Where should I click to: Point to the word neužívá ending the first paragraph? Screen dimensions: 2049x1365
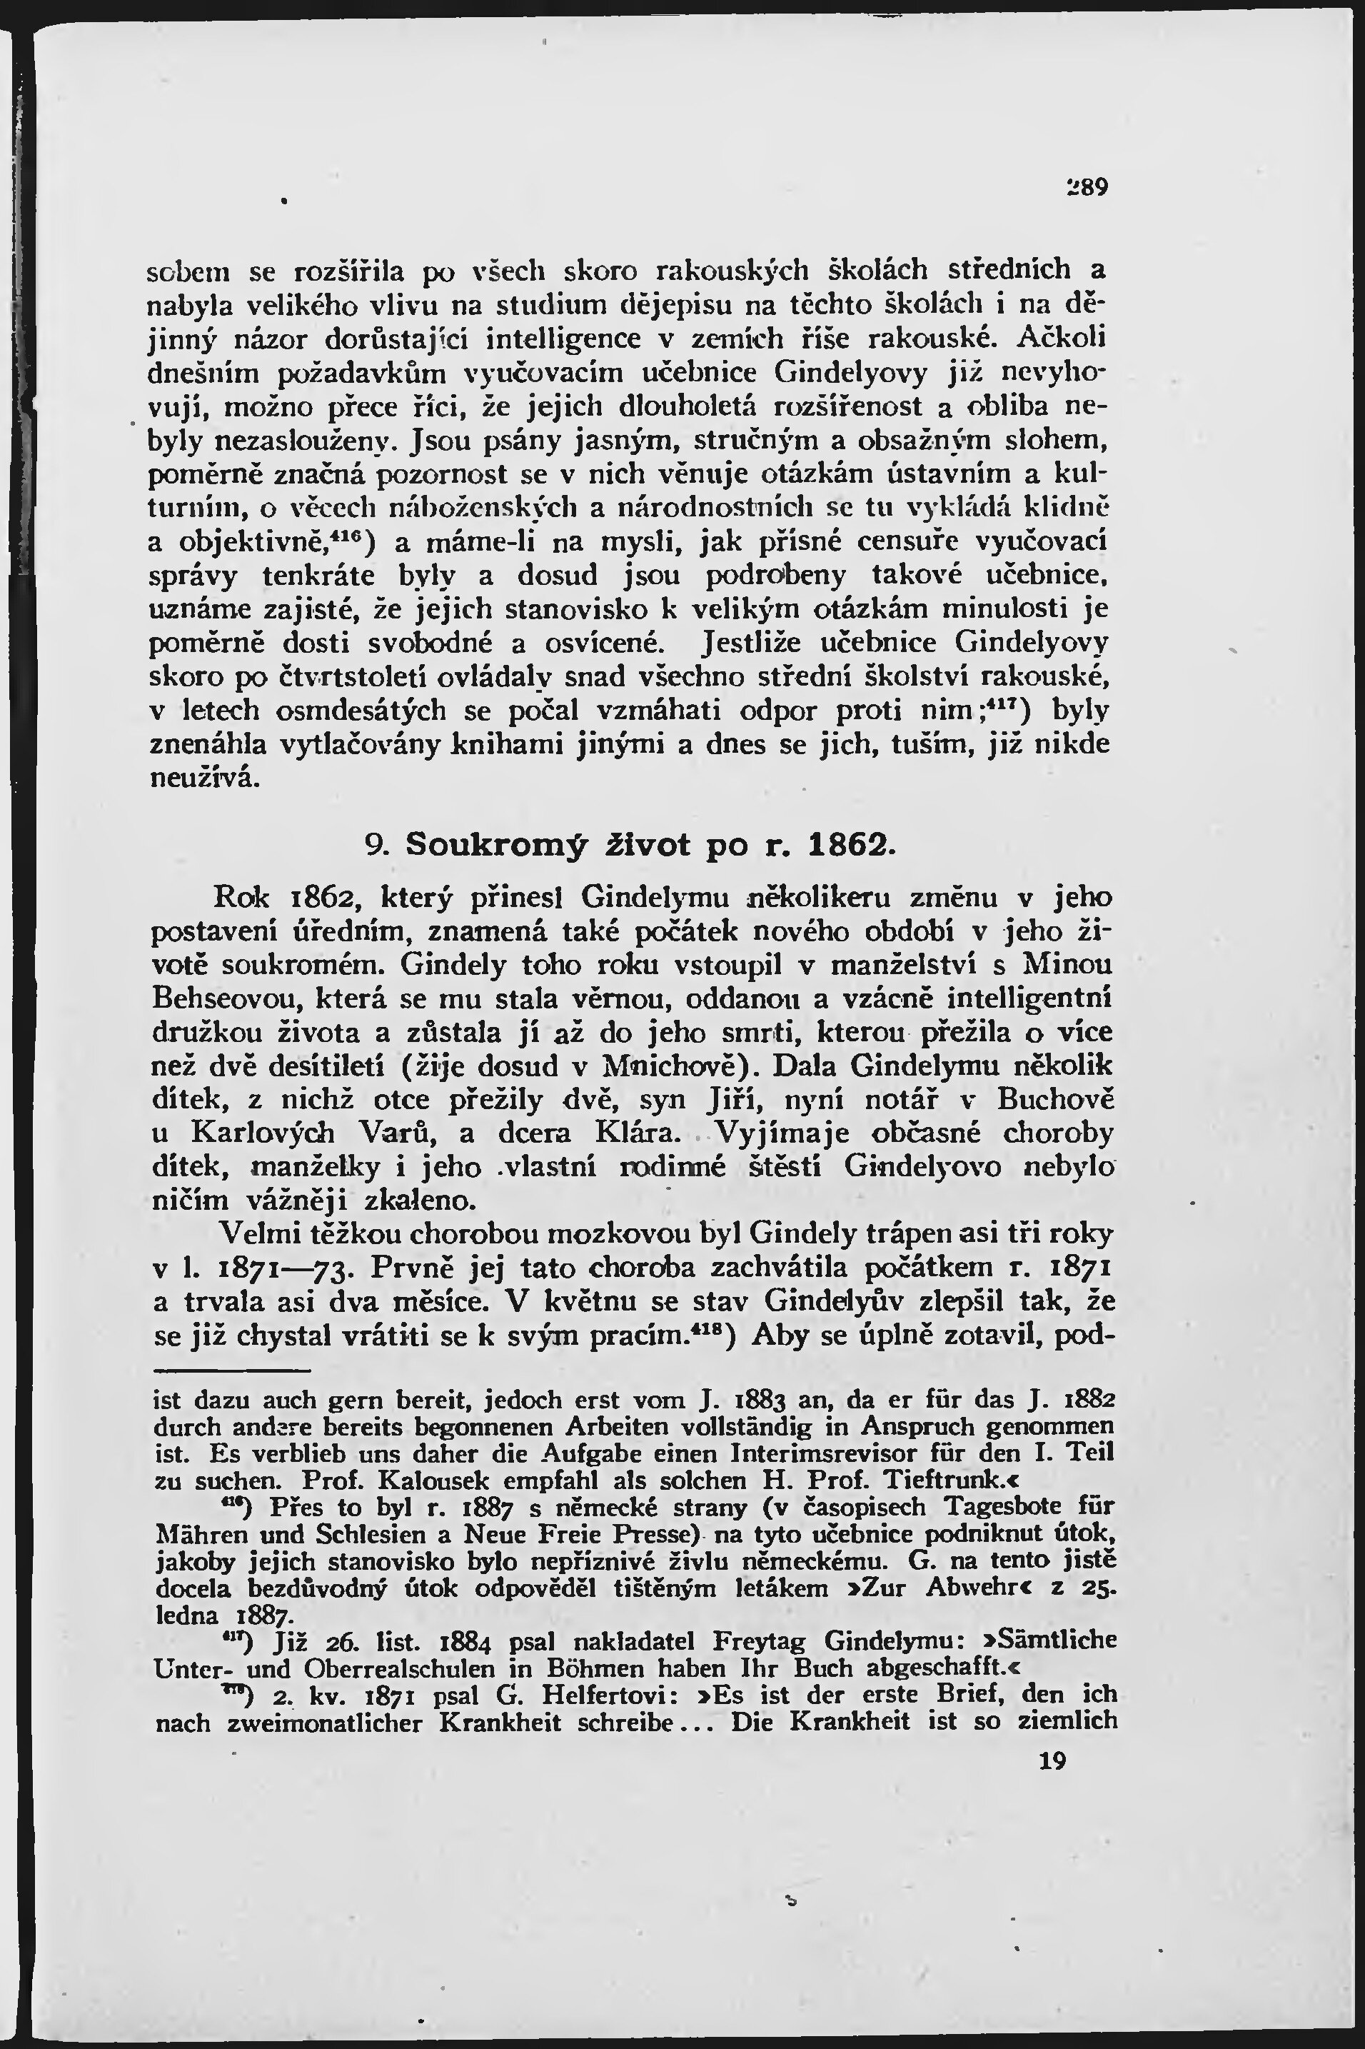(x=206, y=778)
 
